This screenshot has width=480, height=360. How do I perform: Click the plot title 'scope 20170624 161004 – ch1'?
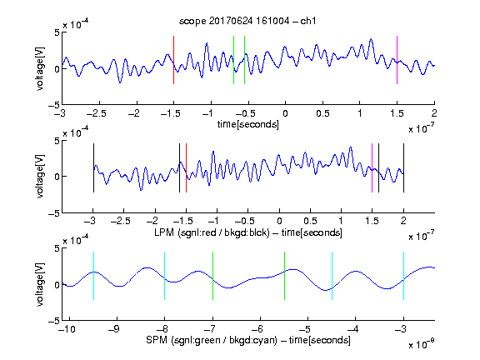(247, 21)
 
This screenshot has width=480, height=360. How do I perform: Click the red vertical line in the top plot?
(173, 60)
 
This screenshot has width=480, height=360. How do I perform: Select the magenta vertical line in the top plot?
(397, 60)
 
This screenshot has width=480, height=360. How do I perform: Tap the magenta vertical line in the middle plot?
(372, 167)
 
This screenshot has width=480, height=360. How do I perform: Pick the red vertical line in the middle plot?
(186, 167)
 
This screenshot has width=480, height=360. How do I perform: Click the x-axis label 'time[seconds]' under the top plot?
(248, 124)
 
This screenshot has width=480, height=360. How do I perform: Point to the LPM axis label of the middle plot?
(248, 232)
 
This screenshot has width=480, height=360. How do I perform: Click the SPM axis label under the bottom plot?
(248, 340)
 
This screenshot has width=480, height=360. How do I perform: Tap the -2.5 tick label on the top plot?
(97, 113)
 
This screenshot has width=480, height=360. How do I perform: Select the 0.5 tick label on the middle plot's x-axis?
(310, 221)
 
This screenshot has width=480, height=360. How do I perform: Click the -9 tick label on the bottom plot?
(114, 329)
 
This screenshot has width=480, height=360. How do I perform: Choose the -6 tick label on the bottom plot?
(257, 329)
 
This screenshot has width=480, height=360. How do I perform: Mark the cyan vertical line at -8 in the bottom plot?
(164, 276)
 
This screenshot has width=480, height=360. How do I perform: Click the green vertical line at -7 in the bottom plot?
(212, 276)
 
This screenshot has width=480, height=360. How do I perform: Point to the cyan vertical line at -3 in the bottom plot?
(403, 276)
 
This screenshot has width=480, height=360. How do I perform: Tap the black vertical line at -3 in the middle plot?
(93, 167)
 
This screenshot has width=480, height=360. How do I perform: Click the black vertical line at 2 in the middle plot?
(403, 167)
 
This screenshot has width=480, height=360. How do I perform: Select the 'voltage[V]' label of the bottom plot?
(40, 284)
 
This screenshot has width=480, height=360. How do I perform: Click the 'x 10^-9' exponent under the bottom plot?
(422, 345)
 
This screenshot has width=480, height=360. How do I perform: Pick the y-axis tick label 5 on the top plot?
(57, 32)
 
